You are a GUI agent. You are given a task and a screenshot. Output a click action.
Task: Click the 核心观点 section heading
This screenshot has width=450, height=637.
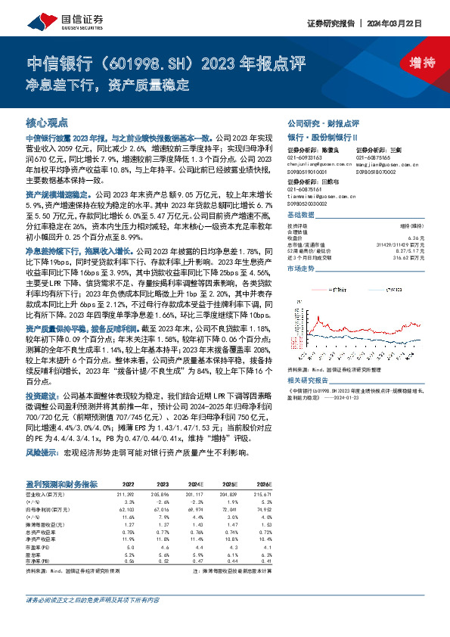(x=47, y=122)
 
